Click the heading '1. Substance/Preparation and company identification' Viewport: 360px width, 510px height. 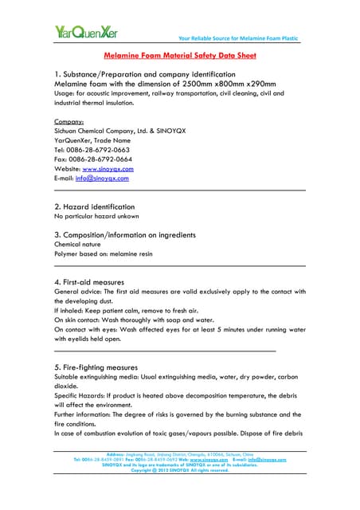tap(144, 73)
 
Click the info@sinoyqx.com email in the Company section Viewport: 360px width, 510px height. tap(101, 178)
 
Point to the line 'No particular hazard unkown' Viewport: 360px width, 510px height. tap(96, 216)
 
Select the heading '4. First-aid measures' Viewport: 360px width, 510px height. tap(88, 282)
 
